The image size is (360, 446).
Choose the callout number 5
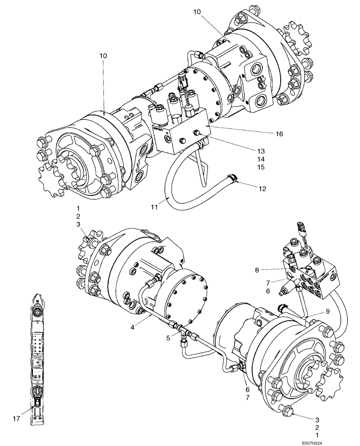[168, 338]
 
